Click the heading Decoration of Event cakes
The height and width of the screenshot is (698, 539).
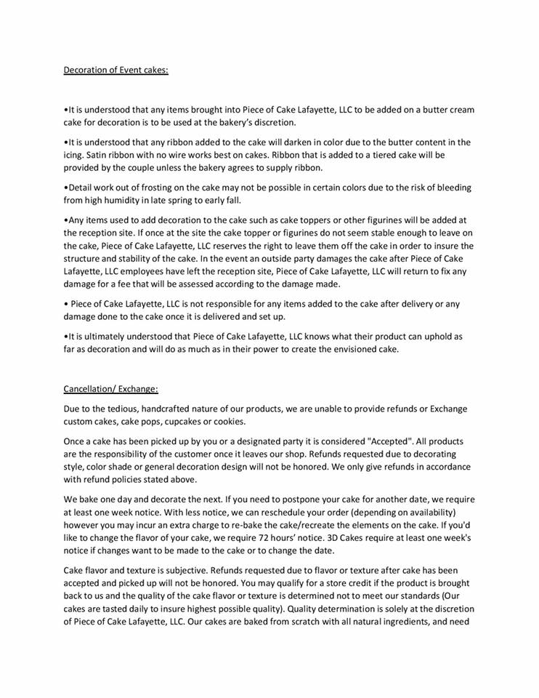pyautogui.click(x=116, y=71)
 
